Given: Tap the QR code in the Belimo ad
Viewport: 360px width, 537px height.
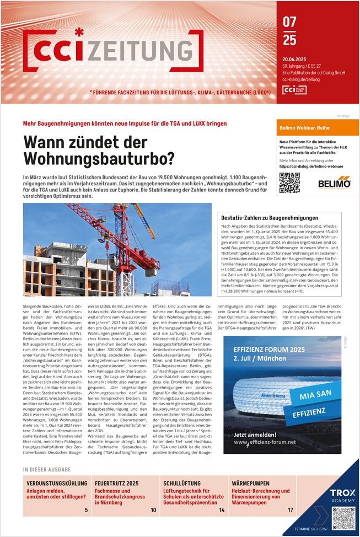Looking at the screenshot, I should click(289, 182).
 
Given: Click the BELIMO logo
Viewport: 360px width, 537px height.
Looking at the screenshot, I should click(334, 183).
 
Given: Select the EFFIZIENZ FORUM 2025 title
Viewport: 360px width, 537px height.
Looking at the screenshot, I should click(269, 350).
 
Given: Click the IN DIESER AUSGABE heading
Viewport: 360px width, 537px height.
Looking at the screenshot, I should click(47, 470).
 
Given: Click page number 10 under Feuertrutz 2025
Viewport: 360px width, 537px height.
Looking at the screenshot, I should click(153, 510).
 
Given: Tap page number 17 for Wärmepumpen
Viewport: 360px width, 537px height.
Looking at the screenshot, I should click(290, 510).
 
